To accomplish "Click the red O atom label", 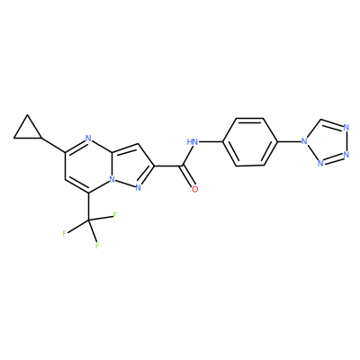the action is [x=195, y=189].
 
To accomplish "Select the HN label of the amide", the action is [x=193, y=141].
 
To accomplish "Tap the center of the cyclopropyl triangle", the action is [x=28, y=130].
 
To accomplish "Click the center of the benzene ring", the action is [x=249, y=141].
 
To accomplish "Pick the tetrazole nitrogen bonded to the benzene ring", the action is [x=305, y=141].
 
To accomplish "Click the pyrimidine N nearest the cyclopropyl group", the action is [x=88, y=139].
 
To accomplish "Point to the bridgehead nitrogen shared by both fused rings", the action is [x=112, y=179].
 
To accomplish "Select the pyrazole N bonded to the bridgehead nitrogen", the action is [x=139, y=188].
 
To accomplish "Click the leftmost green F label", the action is [x=65, y=234].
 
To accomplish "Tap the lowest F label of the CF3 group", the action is [x=97, y=246].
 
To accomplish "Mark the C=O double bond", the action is [x=187, y=176].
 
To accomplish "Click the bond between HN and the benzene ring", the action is [x=211, y=141].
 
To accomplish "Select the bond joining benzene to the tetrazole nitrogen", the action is [x=289, y=141].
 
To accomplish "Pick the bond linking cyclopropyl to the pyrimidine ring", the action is [x=53, y=146].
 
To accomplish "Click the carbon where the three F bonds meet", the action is [x=88, y=220].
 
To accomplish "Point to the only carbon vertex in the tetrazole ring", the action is [x=320, y=121].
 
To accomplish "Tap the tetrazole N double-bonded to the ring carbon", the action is [x=346, y=128].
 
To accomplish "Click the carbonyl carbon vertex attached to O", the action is [x=181, y=166].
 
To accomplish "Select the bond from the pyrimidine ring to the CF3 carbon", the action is [x=88, y=207].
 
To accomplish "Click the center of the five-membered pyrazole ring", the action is [x=130, y=166].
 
